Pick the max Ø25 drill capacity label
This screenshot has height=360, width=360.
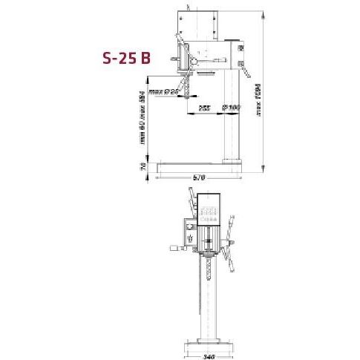[166, 92]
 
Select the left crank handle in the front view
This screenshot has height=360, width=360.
[179, 249]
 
